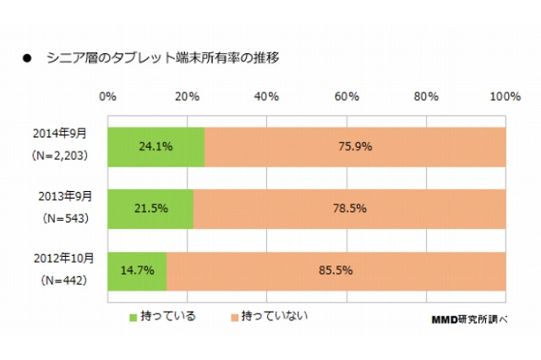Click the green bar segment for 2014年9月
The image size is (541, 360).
click(156, 145)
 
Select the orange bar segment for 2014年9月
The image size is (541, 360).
click(355, 145)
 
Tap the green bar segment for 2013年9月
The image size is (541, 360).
click(150, 208)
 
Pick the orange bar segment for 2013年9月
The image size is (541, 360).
click(350, 208)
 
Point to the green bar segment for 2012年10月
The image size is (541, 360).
click(137, 270)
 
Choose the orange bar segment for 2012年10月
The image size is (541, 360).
click(336, 270)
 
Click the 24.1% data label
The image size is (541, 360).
click(156, 145)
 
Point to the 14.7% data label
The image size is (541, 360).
click(137, 270)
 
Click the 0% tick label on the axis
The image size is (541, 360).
click(107, 97)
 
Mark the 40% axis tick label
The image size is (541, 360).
click(267, 97)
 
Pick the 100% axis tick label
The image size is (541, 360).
click(505, 97)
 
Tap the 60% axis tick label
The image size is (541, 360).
click(347, 97)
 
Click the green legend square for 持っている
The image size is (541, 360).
click(133, 317)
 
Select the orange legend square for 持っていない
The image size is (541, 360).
click(234, 317)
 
